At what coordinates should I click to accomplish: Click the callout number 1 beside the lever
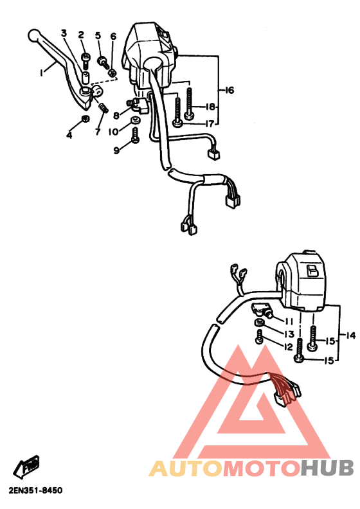(x=41, y=73)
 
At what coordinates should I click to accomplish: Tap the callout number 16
(x=229, y=91)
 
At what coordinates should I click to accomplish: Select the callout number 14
(x=351, y=335)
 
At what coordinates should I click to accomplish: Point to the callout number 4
(x=70, y=134)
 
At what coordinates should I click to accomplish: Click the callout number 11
(x=289, y=321)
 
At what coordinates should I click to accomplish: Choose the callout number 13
(x=289, y=334)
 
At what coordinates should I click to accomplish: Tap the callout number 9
(x=116, y=150)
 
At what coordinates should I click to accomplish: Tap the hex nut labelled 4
(x=84, y=120)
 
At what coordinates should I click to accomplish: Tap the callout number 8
(x=116, y=116)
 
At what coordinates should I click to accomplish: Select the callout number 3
(x=64, y=32)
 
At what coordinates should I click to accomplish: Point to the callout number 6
(x=113, y=36)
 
